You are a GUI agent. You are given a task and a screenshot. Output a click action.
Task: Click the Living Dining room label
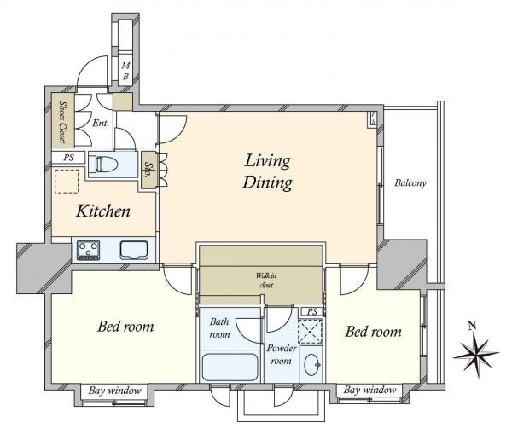[267, 171]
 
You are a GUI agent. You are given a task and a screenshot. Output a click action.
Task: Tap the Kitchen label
[103, 211]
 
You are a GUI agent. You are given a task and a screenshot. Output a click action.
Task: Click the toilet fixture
[103, 164]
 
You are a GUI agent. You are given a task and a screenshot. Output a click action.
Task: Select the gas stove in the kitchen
[88, 250]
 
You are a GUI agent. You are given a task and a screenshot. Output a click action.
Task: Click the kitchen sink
[134, 250]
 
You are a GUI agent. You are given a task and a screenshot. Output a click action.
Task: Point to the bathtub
[230, 367]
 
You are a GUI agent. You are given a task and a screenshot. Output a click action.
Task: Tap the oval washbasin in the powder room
[311, 365]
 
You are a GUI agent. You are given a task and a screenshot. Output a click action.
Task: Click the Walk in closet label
[266, 281]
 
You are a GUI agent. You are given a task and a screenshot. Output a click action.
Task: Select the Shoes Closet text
[62, 122]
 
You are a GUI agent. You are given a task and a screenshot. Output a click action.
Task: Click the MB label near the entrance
[125, 71]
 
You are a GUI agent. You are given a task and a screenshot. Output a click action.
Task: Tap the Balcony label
[410, 182]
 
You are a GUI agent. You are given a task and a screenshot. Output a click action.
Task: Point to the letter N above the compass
[472, 326]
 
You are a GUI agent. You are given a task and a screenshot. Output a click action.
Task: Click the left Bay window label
[114, 391]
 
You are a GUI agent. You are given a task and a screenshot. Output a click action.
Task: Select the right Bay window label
[369, 390]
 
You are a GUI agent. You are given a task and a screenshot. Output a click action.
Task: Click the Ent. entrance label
[101, 123]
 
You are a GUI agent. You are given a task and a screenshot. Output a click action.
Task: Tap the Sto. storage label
[148, 170]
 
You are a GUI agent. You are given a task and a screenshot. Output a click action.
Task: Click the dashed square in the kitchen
[67, 181]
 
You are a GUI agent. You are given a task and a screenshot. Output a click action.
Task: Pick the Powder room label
[281, 355]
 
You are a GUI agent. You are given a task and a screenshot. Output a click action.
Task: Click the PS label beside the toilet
[68, 158]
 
